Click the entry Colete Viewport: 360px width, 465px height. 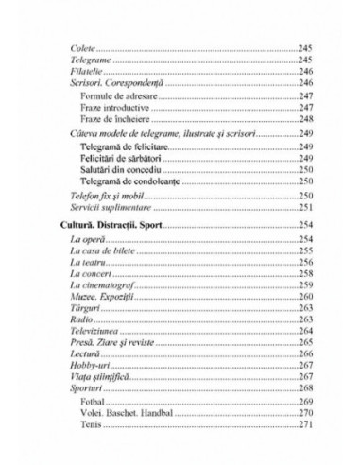pos(84,45)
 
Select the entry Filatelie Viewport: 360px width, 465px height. pos(88,70)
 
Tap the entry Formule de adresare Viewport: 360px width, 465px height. pos(119,95)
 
